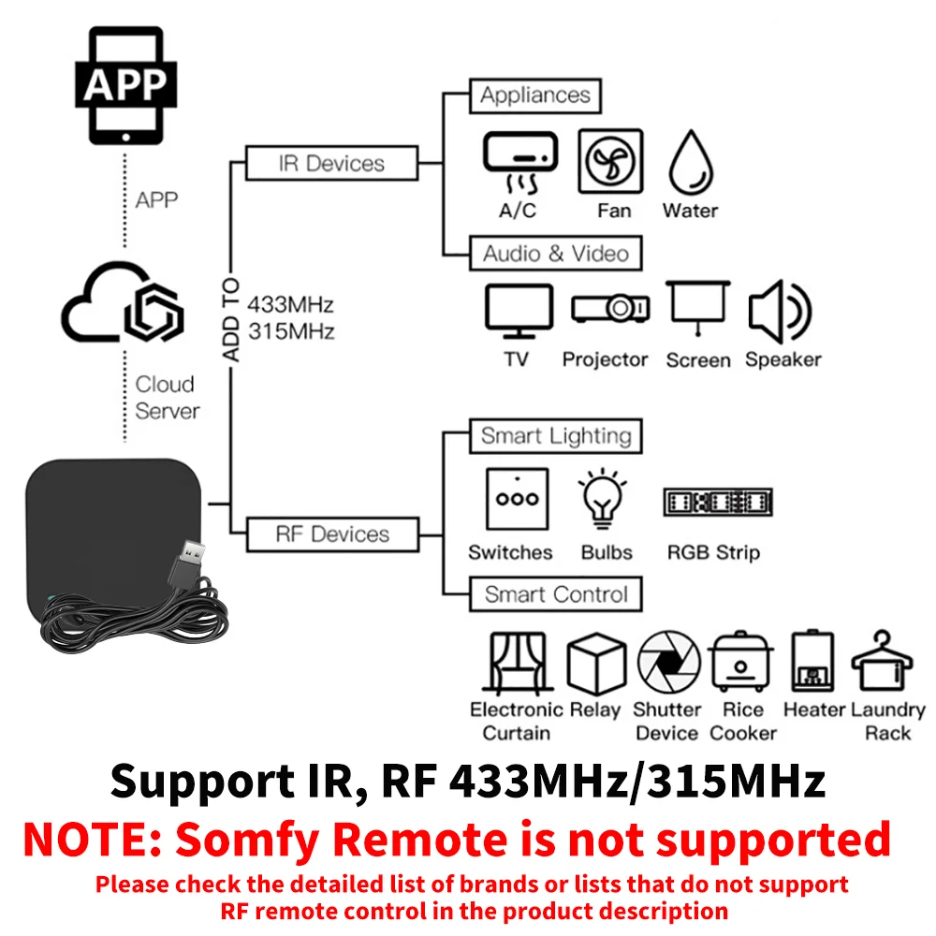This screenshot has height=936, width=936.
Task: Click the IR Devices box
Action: (331, 164)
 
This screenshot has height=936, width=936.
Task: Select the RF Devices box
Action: (331, 534)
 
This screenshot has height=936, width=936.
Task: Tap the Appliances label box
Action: (534, 95)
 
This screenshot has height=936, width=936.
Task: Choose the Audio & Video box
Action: (555, 254)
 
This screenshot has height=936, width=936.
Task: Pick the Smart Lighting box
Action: (555, 436)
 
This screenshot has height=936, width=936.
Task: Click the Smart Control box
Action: (555, 594)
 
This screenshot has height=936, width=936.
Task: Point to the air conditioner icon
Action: (519, 159)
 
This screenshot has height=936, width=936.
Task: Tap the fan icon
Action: (610, 161)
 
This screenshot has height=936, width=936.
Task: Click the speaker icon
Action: (780, 312)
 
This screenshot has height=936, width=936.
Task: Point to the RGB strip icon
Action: (717, 502)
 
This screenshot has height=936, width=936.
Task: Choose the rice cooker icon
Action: (740, 663)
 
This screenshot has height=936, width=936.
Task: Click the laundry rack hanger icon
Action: (886, 661)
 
